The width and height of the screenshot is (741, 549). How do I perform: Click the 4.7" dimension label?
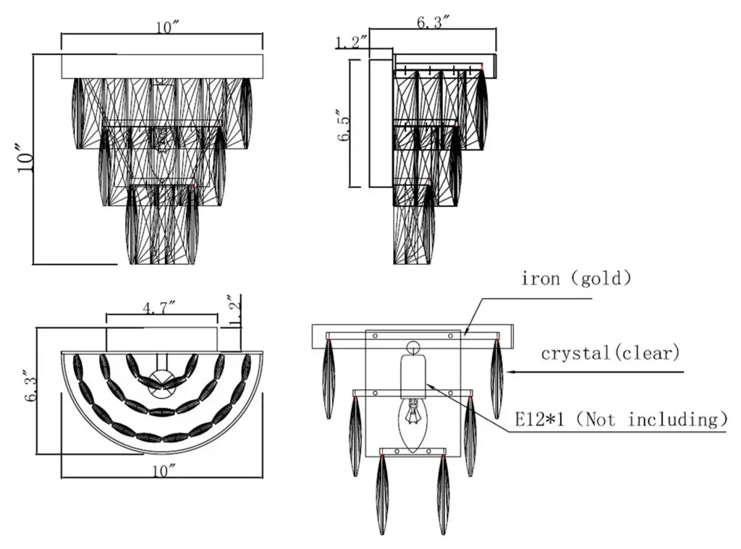pyautogui.click(x=161, y=309)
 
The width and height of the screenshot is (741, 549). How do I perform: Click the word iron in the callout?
pyautogui.click(x=540, y=278)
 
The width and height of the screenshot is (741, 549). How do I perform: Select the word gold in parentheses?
pyautogui.click(x=601, y=278)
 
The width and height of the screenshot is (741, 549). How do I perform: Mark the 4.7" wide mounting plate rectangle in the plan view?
pyautogui.click(x=162, y=339)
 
